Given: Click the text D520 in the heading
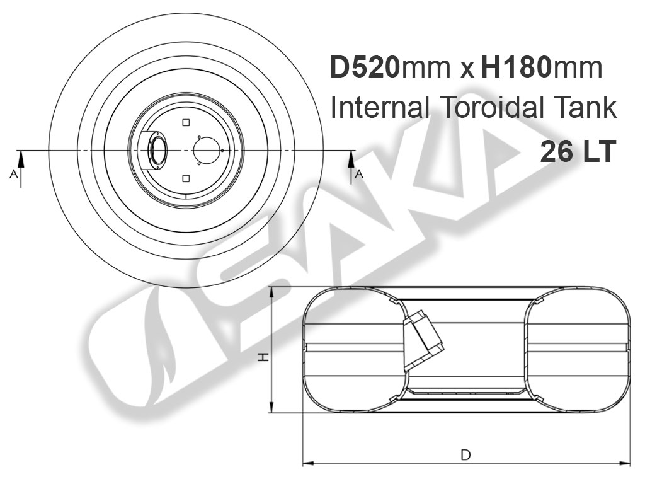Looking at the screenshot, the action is click(365, 67).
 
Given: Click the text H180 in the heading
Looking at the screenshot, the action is click(516, 67).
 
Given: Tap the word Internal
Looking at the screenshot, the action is click(380, 108).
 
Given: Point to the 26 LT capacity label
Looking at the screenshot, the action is click(578, 151).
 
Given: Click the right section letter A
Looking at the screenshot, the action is click(359, 175).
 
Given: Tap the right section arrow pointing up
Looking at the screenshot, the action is click(351, 168).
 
